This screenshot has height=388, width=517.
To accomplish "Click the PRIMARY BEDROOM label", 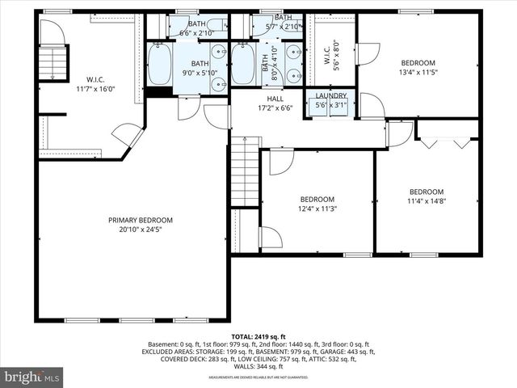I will coord(141,220).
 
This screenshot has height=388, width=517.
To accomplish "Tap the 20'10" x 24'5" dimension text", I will coord(141,230).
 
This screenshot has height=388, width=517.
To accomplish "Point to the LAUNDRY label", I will coord(330,95).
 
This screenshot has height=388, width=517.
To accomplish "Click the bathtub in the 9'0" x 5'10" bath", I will coord(158,65).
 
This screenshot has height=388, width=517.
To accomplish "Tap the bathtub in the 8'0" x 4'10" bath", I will coord(243,64).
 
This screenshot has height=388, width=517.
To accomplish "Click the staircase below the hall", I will coord(245,171).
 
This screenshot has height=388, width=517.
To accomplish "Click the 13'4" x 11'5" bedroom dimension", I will coord(418,72).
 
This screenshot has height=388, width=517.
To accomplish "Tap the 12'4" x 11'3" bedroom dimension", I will coord(317,209).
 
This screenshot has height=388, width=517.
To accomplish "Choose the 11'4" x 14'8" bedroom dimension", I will coord(427,201).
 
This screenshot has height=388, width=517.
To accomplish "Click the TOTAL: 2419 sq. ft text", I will coord(258,335).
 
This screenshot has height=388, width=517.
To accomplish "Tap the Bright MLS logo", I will coord(32,377).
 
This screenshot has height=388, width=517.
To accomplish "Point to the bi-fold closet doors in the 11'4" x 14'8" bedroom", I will coord(446,142).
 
